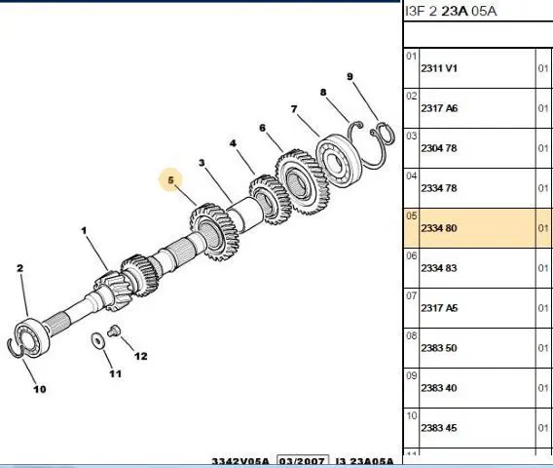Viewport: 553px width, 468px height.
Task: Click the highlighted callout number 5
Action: [171, 180]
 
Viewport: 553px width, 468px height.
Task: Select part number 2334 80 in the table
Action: [439, 228]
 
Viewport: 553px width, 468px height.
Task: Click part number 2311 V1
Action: [439, 68]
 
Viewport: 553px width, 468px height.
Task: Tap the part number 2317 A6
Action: [439, 108]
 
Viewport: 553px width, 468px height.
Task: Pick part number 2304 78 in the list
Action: [439, 148]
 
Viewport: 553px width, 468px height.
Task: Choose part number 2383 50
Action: [439, 348]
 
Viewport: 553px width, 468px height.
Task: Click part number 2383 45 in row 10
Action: [439, 428]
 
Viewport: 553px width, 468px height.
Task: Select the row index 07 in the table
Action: [412, 295]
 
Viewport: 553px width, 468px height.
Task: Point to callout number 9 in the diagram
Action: [350, 76]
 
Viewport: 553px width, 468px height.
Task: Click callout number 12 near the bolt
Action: [141, 356]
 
